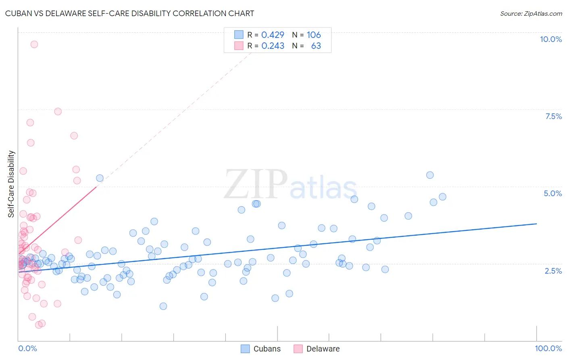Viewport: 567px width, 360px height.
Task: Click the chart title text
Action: (129, 13)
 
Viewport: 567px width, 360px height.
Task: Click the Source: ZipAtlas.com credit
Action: (531, 13)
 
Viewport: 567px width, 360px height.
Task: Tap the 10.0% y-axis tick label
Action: (550, 39)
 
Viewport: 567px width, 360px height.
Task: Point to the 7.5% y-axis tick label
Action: (553, 116)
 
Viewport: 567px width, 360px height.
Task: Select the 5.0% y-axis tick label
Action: (552, 193)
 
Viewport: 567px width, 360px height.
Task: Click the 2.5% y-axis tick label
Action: (553, 271)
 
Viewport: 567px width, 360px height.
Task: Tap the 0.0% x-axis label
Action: (27, 348)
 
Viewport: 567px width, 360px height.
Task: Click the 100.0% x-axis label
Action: (548, 348)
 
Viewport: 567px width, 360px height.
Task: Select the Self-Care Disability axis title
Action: (11, 184)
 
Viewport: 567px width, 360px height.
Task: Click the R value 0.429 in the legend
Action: (273, 35)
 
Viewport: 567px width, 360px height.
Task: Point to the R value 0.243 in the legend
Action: (273, 46)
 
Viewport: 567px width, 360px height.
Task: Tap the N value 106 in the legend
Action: (313, 35)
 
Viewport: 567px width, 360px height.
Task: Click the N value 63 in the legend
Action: (316, 46)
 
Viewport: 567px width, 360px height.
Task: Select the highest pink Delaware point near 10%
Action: (34, 44)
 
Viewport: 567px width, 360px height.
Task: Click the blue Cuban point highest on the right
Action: (430, 175)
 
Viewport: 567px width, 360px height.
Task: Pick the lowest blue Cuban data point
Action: (163, 306)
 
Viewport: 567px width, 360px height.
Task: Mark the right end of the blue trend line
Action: (536, 224)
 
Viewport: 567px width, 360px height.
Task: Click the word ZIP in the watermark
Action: (256, 184)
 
